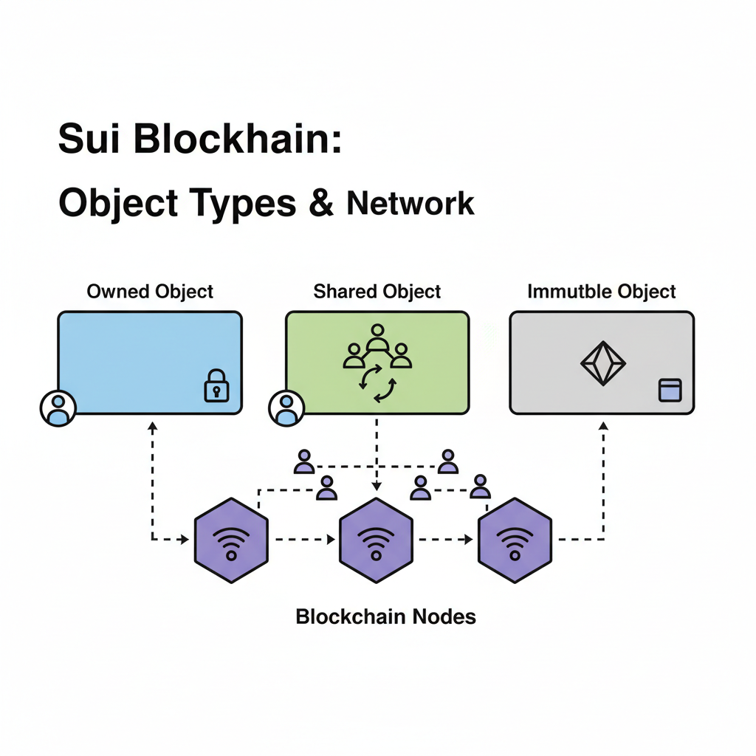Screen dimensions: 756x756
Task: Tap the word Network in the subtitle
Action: [410, 203]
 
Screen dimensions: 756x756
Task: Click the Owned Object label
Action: [150, 292]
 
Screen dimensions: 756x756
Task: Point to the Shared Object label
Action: [377, 292]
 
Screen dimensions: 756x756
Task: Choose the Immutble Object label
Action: [602, 292]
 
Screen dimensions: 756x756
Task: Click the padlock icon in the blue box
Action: [216, 387]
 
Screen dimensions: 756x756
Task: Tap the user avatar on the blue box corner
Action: [58, 408]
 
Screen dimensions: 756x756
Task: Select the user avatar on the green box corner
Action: [286, 408]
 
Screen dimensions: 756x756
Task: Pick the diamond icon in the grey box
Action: [602, 363]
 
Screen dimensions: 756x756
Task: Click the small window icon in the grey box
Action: [670, 390]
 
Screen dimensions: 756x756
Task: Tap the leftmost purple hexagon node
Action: [231, 540]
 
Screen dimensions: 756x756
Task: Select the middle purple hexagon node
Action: [376, 540]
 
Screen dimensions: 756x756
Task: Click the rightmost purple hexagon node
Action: [515, 540]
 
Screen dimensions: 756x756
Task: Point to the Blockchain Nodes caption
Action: [385, 616]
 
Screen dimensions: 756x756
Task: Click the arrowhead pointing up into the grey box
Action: [604, 425]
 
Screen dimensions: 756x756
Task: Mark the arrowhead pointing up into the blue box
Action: [152, 425]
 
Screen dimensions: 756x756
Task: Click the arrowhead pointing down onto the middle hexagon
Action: [377, 487]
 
